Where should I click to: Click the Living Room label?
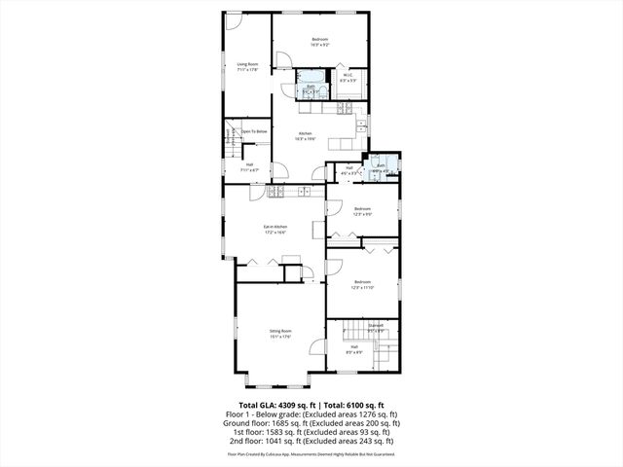point(246,67)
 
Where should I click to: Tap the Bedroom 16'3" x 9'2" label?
point(320,42)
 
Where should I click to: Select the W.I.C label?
point(348,78)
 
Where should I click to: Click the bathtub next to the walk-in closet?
point(311,77)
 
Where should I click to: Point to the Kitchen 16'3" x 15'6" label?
point(305,136)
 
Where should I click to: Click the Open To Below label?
point(255,131)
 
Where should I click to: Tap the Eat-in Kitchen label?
point(274,230)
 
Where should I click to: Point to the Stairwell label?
point(375,327)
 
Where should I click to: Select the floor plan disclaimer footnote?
point(311,453)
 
